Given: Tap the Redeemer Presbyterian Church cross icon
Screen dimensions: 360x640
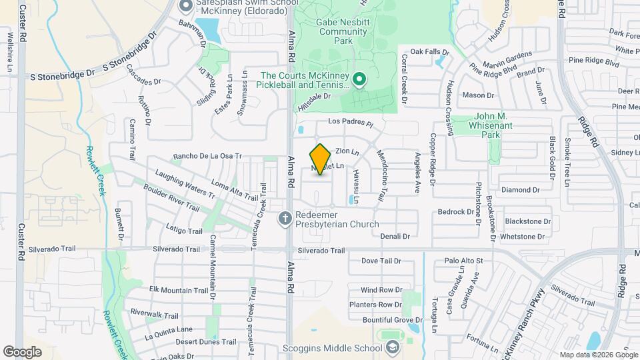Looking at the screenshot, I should (x=285, y=218).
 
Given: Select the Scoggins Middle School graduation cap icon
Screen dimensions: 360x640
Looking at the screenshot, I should (x=393, y=347).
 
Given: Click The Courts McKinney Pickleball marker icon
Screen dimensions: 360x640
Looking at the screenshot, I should (x=359, y=81).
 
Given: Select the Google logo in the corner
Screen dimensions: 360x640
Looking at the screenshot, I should (x=22, y=351).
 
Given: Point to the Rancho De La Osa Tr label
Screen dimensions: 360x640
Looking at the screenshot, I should (x=207, y=157).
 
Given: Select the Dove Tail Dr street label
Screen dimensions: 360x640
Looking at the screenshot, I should (x=381, y=261).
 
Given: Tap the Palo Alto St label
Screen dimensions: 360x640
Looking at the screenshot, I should (x=463, y=261).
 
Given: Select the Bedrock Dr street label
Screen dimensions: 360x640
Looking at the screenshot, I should (x=455, y=212).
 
